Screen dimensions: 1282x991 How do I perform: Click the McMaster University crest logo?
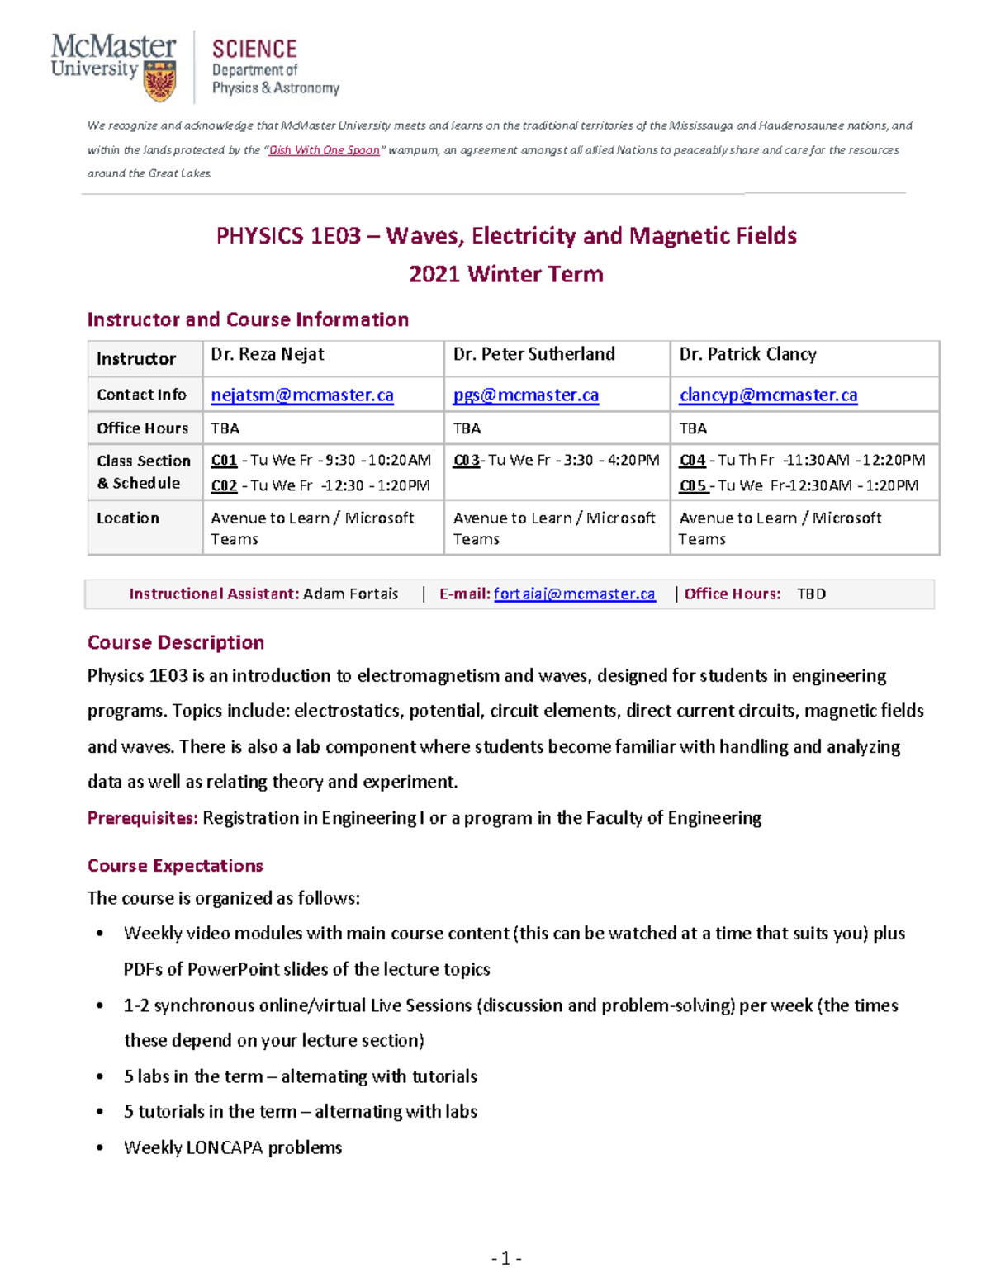(x=159, y=82)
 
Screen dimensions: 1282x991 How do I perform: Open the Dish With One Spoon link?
(x=324, y=150)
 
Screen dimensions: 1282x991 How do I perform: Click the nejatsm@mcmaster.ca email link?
(x=302, y=395)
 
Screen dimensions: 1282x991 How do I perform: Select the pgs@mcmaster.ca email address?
(x=525, y=395)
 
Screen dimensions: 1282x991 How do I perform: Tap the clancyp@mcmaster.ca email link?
(x=768, y=395)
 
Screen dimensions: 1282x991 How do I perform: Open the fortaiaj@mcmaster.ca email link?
(x=574, y=594)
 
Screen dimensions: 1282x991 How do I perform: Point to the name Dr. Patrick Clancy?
(x=747, y=355)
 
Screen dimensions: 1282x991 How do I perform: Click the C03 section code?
(x=466, y=461)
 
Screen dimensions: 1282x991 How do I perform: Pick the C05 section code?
(x=692, y=486)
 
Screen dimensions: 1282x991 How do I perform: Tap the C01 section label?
(x=224, y=461)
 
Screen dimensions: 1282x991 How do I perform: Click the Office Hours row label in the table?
(x=142, y=428)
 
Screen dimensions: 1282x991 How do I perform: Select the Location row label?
(x=128, y=518)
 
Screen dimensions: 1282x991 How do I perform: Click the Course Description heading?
(x=176, y=643)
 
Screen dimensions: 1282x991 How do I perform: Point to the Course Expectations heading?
(x=175, y=866)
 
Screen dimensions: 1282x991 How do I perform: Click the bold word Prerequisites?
(x=142, y=818)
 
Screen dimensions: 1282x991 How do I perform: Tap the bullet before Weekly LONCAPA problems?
(x=100, y=1147)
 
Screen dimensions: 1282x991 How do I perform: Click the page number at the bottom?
(x=506, y=1259)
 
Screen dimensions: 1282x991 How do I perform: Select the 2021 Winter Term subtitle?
(x=506, y=275)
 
